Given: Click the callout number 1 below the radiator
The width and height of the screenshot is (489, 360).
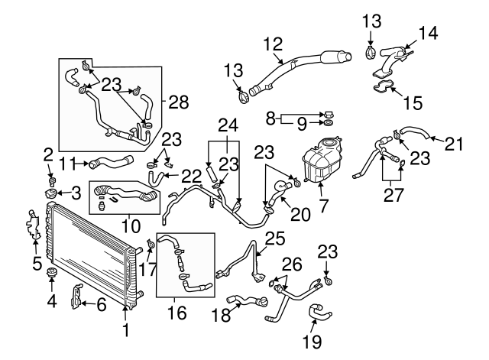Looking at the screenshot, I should (x=126, y=332).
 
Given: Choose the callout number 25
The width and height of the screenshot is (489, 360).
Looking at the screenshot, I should (x=274, y=238).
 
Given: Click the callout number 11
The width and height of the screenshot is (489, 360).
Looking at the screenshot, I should (x=66, y=162).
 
